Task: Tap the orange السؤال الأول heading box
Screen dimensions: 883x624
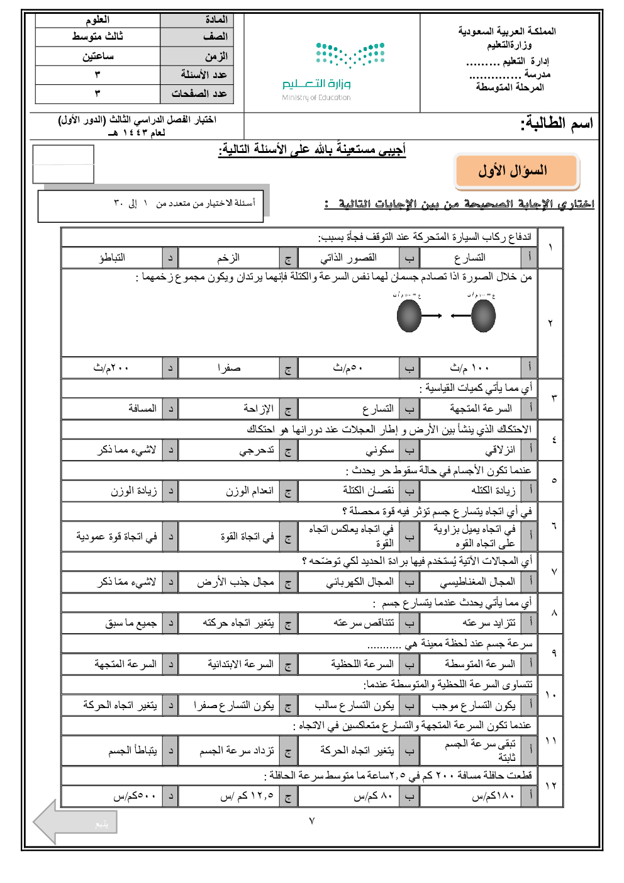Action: [x=516, y=171]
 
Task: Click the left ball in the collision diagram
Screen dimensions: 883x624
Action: [x=409, y=315]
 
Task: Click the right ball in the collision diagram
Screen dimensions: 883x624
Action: [x=483, y=315]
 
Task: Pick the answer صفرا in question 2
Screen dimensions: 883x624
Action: [x=229, y=368]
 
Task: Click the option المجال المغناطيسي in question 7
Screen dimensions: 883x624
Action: [x=477, y=582]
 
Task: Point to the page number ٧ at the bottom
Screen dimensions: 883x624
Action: [x=311, y=821]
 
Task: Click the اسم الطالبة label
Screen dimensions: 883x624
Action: [x=557, y=123]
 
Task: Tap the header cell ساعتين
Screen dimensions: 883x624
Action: [x=98, y=56]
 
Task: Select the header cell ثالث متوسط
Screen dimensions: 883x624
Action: [x=97, y=37]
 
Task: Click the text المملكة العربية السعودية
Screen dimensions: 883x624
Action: [x=507, y=31]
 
